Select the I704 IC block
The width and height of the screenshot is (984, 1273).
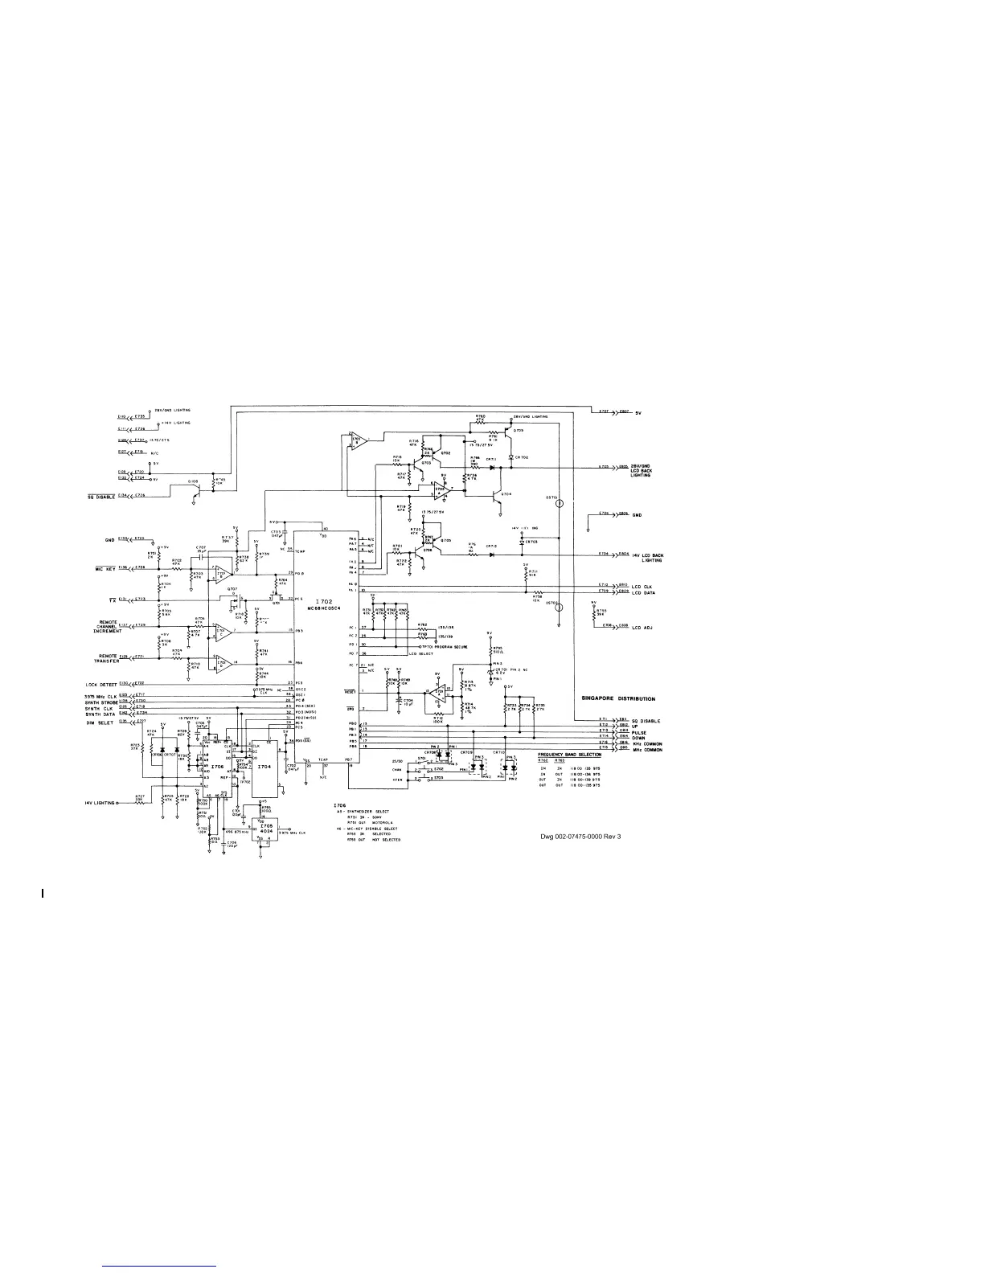click(264, 767)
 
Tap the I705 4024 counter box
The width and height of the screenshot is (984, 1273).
click(265, 828)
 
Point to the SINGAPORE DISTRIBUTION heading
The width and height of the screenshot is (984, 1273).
click(618, 699)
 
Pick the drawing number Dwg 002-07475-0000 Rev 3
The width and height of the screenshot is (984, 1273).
click(581, 837)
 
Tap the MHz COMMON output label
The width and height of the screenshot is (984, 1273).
click(647, 750)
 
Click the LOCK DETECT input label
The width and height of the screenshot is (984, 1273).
click(101, 685)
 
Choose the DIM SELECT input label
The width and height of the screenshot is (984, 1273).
click(100, 722)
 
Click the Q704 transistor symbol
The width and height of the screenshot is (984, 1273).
click(500, 498)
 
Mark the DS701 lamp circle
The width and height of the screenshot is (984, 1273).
click(560, 504)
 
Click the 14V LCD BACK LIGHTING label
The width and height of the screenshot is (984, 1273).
click(647, 558)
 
